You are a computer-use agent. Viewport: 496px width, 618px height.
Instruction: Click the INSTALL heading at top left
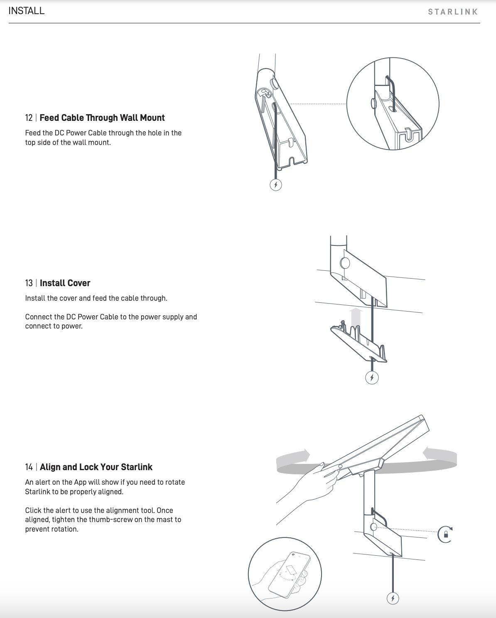pos(26,11)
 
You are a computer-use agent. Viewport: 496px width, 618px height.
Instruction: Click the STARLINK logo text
pos(453,12)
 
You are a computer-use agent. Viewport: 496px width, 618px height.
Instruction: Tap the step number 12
pos(29,118)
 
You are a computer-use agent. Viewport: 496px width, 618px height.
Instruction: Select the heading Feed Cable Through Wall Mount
pos(102,118)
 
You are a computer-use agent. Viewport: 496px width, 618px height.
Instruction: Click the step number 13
pos(29,283)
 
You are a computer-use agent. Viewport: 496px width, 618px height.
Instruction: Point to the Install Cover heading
pos(65,283)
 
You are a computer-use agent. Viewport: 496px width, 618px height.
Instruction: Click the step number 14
pos(29,467)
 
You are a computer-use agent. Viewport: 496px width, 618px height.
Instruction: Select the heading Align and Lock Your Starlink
pos(96,467)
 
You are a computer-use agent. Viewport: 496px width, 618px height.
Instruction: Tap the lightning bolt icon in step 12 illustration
pos(276,185)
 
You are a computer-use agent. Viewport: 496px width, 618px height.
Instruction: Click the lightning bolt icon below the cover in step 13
pos(371,378)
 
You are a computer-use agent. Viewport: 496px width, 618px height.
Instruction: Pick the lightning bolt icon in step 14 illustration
pos(393,598)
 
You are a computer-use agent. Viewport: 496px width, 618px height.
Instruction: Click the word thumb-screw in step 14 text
pos(111,520)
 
